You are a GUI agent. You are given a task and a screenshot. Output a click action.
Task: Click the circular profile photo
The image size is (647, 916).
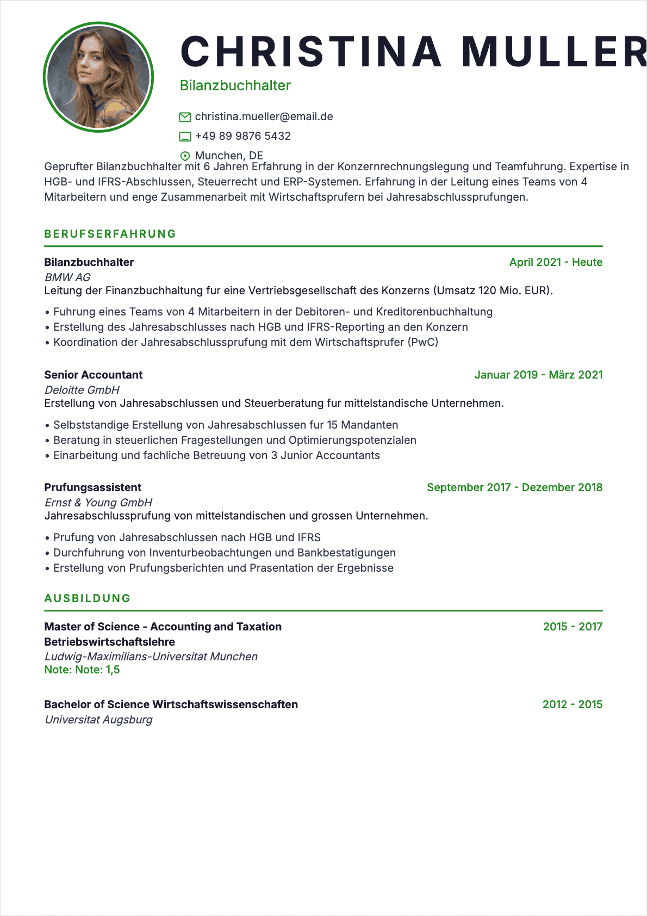[x=98, y=77]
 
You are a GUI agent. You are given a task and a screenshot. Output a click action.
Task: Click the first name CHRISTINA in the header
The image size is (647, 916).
[x=310, y=52]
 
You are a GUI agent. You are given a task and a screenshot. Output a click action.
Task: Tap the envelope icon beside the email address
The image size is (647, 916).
[x=185, y=117]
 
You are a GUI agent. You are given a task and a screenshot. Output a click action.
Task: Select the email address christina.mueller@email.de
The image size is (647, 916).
[x=264, y=117]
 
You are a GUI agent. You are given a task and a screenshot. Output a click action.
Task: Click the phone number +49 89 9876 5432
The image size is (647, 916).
[x=242, y=136]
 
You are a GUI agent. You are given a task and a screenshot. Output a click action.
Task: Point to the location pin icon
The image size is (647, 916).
[x=185, y=156]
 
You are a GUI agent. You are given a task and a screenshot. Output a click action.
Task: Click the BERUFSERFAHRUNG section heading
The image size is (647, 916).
[x=110, y=234]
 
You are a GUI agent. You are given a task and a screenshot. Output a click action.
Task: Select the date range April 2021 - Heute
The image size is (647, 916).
[x=556, y=262]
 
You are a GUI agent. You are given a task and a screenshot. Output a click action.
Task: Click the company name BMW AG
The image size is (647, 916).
[x=67, y=277]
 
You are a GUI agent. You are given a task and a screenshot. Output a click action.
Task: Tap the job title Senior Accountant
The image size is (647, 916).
[x=93, y=375]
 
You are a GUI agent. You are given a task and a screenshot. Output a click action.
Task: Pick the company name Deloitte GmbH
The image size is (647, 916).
[x=82, y=390]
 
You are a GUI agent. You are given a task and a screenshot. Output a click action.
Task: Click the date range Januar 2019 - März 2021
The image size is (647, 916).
[x=538, y=375]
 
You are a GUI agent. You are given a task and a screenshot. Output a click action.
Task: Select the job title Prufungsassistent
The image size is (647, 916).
[x=92, y=487]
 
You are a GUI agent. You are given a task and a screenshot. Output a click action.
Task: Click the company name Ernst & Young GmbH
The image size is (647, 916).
[x=98, y=503]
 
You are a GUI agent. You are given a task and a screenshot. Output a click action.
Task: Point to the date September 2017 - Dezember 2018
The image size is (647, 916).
[x=514, y=487]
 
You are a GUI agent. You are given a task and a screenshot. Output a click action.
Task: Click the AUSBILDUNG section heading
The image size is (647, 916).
[x=88, y=598]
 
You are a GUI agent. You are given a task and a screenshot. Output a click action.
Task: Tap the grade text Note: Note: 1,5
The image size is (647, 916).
[x=82, y=670]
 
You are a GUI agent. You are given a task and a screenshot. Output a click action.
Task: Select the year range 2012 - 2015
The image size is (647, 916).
[x=573, y=704]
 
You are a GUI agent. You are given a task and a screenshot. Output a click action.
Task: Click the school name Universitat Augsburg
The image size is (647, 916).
[x=98, y=720]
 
